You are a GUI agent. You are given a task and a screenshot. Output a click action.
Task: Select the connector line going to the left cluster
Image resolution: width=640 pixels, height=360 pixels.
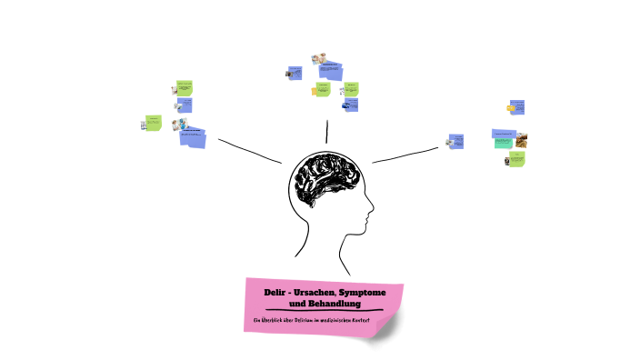click(x=250, y=151)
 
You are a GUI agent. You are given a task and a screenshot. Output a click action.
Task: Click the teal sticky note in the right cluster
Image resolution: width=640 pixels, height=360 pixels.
click(x=504, y=143)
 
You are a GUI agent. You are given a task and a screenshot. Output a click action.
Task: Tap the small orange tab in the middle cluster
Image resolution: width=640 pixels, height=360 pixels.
click(x=315, y=90)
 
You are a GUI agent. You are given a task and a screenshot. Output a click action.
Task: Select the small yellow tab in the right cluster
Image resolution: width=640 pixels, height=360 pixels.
click(x=511, y=108)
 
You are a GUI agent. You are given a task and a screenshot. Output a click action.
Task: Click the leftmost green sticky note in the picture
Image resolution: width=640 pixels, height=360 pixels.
click(x=154, y=123)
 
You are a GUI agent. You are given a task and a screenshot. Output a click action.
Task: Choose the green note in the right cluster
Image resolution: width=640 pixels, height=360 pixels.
click(x=516, y=159)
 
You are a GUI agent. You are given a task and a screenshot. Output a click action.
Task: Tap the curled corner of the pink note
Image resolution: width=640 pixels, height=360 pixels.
click(x=387, y=328)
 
